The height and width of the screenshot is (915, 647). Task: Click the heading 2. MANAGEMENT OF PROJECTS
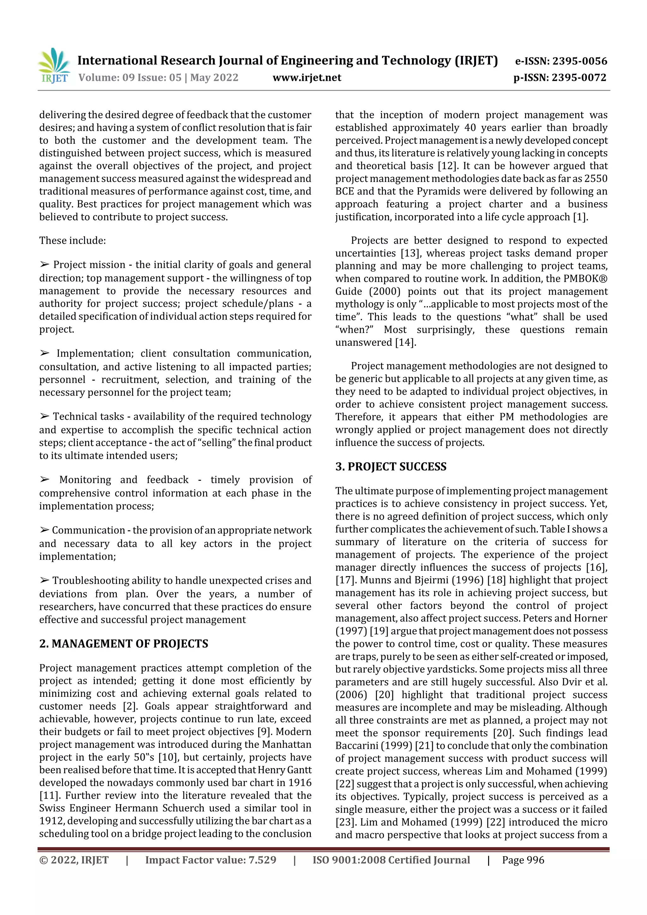coord(124,644)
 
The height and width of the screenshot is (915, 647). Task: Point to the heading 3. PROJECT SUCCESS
coord(391,467)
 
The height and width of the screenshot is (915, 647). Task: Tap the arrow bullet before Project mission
coord(44,265)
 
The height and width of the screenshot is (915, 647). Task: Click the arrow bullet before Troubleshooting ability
coord(44,581)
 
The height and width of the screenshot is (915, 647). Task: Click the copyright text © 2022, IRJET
coord(74,860)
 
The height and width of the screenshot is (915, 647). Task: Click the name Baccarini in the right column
coord(354,746)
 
